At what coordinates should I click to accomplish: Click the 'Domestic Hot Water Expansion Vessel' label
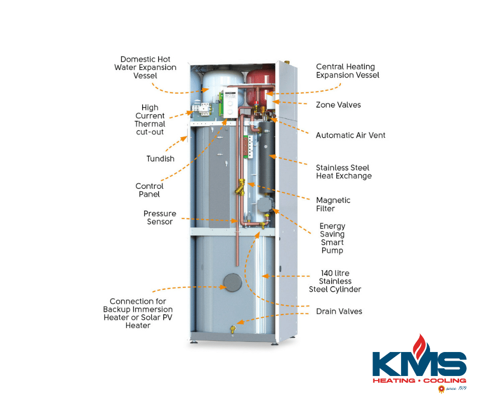145,67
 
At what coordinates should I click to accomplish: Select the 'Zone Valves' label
338,105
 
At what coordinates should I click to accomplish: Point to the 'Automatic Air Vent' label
350,135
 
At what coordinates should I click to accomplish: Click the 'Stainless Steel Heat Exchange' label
343,172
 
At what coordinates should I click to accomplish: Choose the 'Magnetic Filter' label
333,204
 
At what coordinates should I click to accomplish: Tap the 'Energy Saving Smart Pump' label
332,238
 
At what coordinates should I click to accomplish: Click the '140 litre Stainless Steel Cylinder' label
335,281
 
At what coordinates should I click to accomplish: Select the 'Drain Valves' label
339,311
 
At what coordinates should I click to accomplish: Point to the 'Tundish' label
161,159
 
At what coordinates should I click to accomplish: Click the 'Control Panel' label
149,190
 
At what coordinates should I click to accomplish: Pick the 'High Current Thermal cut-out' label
150,120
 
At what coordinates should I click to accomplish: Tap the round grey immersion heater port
232,282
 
